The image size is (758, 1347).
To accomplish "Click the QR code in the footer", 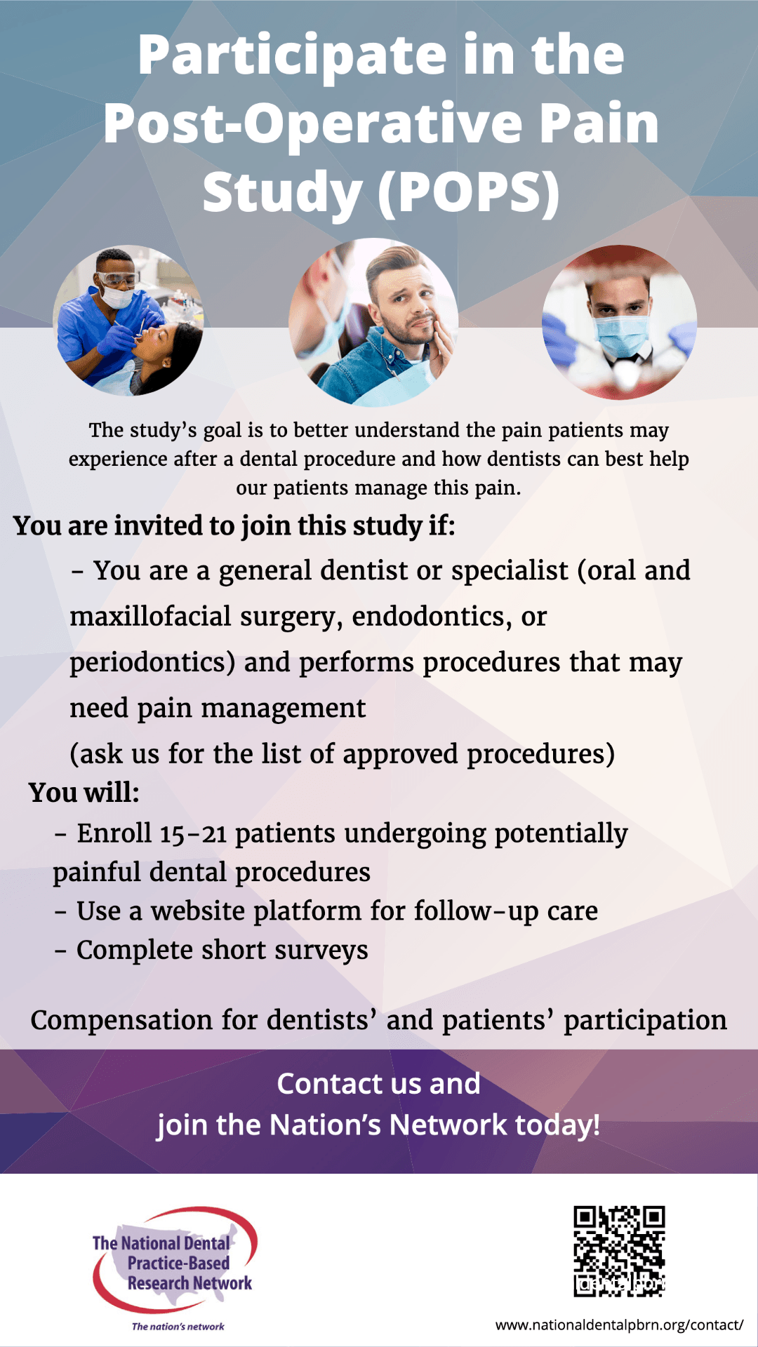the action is [619, 1251].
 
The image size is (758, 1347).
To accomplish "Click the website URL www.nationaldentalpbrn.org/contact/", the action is [619, 1325].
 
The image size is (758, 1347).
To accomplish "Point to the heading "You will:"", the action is [84, 793].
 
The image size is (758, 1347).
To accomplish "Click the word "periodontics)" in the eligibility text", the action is [152, 663].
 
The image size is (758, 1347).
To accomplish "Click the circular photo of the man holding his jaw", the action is [373, 322].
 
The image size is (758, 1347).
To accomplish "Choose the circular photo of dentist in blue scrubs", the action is [128, 321].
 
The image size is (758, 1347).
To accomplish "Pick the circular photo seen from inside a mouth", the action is [620, 322].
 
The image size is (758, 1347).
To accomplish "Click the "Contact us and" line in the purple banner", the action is [379, 1084].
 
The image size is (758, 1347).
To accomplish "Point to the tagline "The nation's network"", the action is [178, 1327].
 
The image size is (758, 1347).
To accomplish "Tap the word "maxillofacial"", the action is [150, 616].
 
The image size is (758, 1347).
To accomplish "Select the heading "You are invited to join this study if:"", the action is [234, 526].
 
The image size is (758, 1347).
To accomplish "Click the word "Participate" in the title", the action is [293, 56].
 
